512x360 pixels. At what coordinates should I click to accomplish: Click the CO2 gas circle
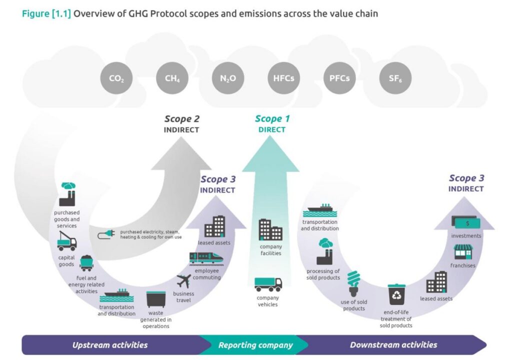click(x=116, y=78)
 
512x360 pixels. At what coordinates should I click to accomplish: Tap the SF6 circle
click(x=395, y=78)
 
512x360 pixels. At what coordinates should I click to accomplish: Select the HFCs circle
click(x=283, y=78)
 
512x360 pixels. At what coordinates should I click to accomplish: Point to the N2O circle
click(x=228, y=78)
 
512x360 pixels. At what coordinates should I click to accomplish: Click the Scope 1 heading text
click(x=272, y=118)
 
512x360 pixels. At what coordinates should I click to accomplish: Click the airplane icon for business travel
click(x=184, y=281)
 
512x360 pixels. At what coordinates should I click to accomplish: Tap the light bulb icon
click(x=354, y=283)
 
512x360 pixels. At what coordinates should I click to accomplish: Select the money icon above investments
click(x=466, y=221)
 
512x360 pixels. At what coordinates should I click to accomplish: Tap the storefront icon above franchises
click(x=463, y=251)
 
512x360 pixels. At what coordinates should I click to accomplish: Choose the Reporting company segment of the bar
click(x=255, y=345)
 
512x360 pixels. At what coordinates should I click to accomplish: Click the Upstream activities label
click(x=110, y=345)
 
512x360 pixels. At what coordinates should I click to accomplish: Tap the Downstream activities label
click(x=393, y=345)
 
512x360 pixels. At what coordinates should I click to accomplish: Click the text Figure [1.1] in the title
click(x=47, y=13)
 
